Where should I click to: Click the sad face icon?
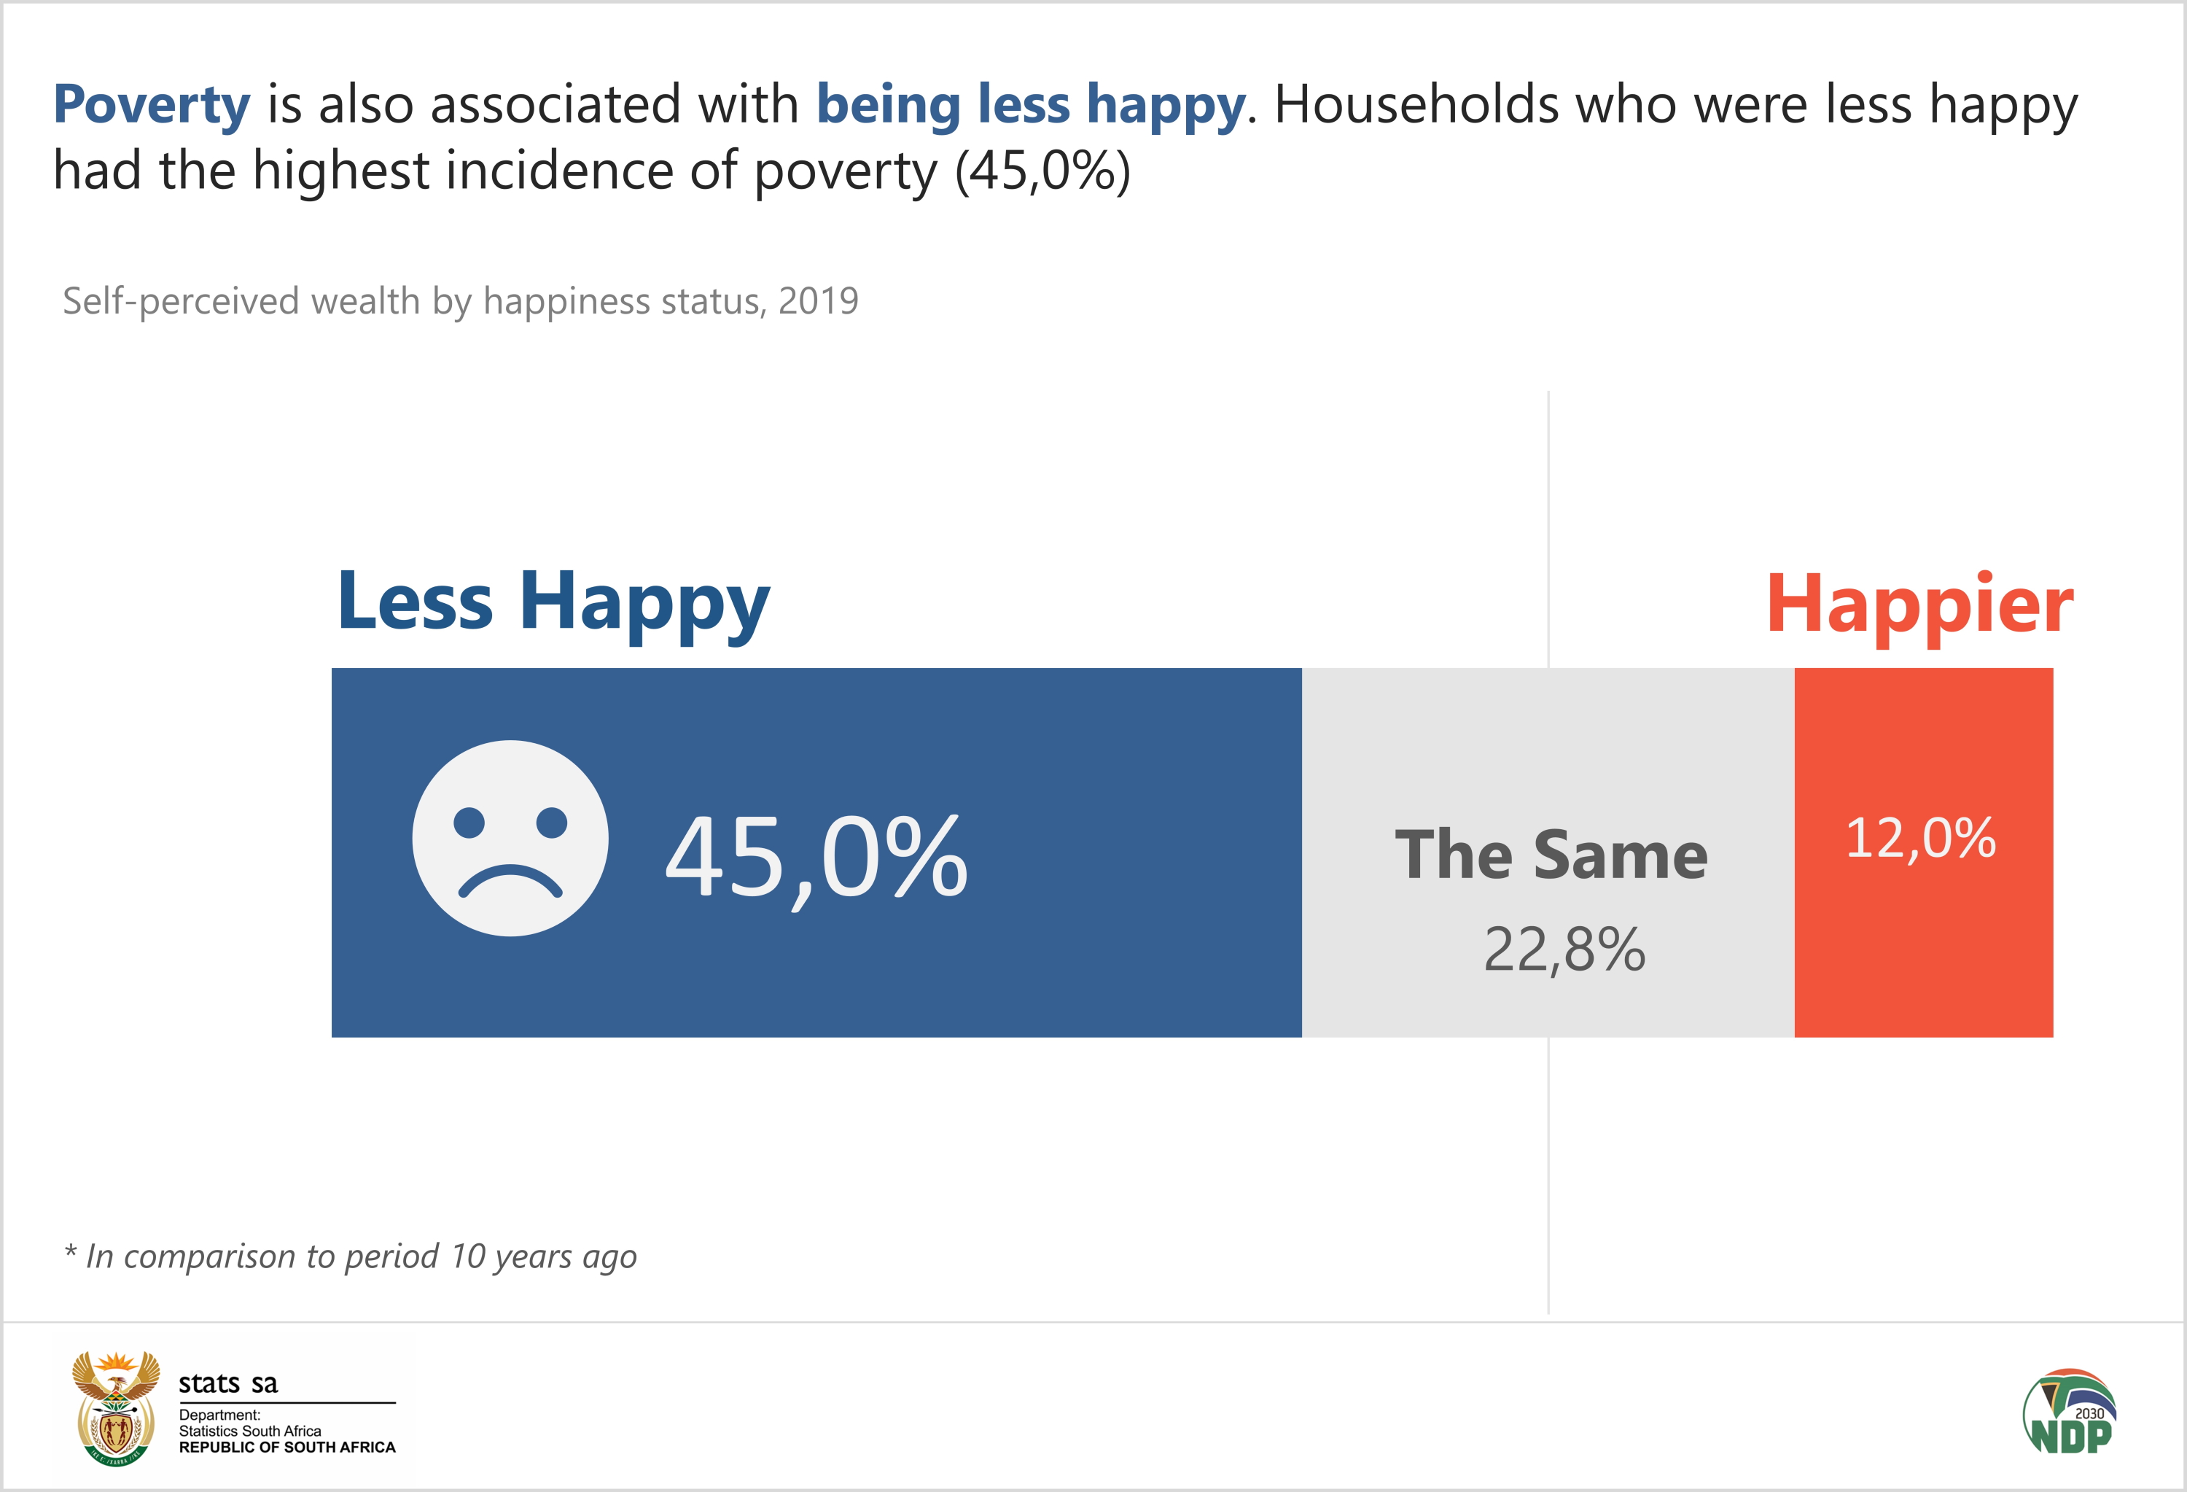(x=510, y=838)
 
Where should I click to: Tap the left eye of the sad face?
(x=469, y=822)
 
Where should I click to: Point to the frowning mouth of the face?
(x=510, y=881)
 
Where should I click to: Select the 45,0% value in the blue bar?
(x=816, y=857)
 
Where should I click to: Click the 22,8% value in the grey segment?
(x=1564, y=949)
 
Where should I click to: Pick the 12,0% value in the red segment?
(x=1919, y=837)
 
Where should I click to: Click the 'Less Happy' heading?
(x=553, y=602)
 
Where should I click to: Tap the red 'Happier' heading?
(x=1919, y=605)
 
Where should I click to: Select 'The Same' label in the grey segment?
(x=1551, y=855)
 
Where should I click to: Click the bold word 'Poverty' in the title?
(x=152, y=104)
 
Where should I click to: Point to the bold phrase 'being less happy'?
(x=1031, y=104)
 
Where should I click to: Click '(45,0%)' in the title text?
(x=1042, y=171)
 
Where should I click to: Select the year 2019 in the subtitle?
(x=818, y=301)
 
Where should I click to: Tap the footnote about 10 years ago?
(x=351, y=1256)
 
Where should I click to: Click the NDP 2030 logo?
(x=2070, y=1412)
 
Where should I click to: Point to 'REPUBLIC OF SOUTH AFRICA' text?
(x=287, y=1448)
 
